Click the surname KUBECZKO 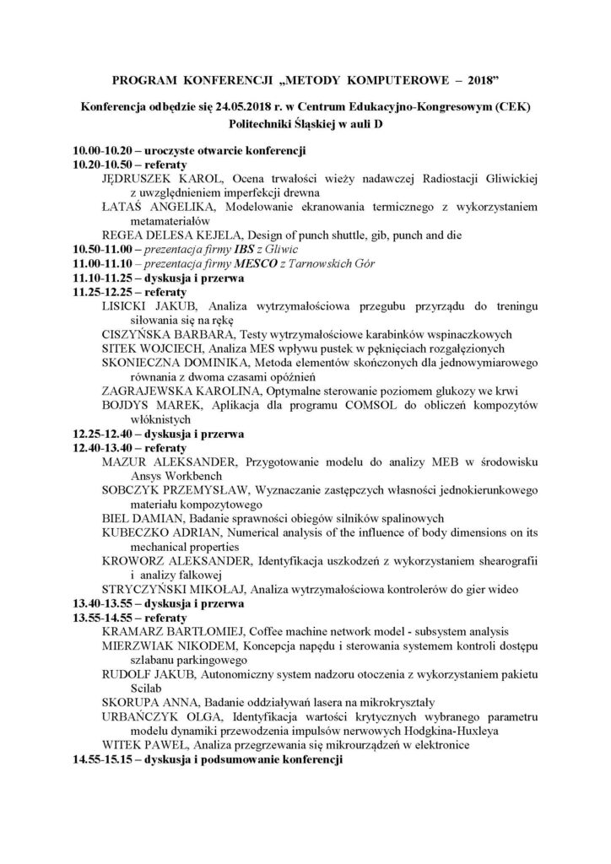pyautogui.click(x=138, y=533)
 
